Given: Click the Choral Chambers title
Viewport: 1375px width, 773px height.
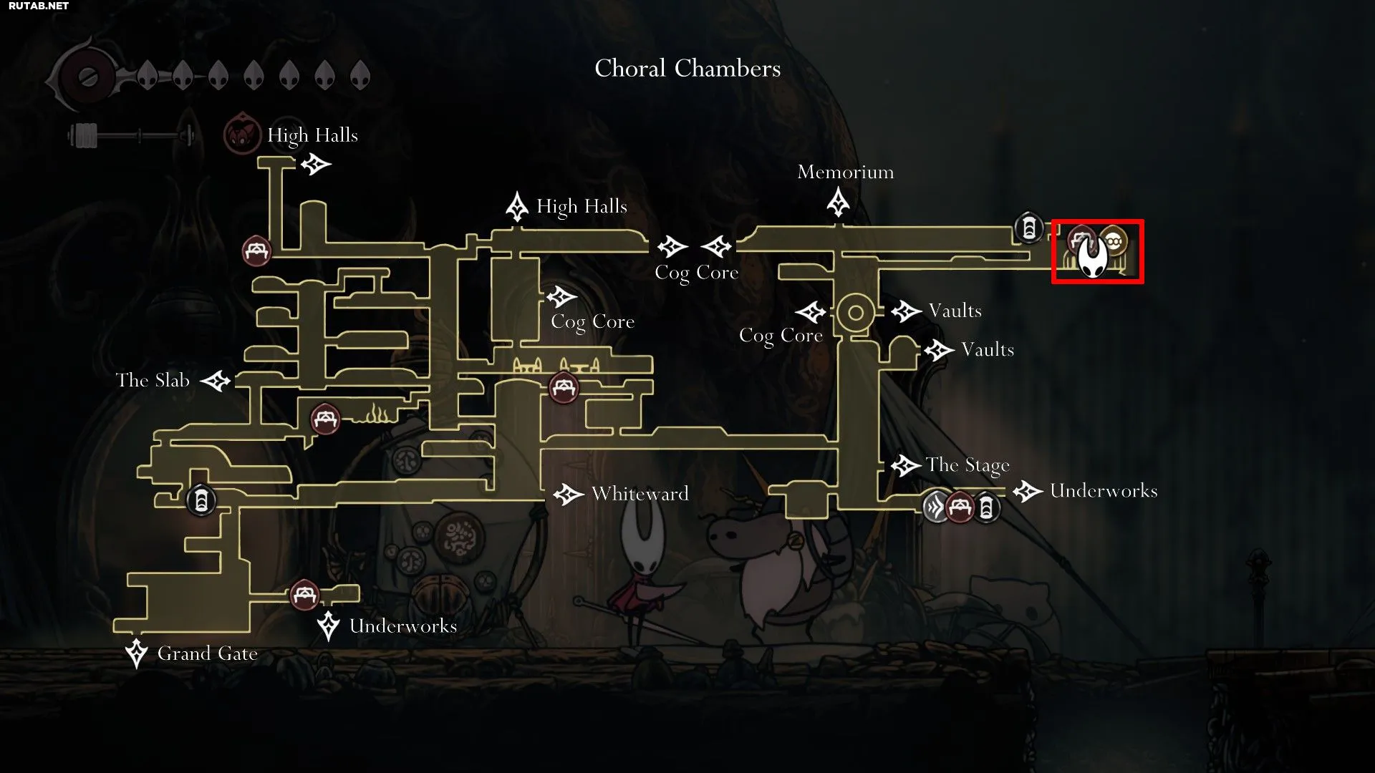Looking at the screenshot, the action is click(687, 69).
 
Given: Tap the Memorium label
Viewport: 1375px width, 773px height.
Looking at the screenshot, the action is click(846, 172).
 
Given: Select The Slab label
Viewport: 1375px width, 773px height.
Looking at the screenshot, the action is click(153, 380).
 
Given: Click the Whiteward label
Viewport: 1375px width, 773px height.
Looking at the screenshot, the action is click(640, 493).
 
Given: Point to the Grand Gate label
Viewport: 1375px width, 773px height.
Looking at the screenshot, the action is click(208, 653).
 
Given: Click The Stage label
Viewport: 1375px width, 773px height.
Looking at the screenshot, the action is click(968, 465).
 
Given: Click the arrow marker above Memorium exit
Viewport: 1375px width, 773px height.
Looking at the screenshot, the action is click(838, 202).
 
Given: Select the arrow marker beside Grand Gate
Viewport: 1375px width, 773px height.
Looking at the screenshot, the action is click(136, 653).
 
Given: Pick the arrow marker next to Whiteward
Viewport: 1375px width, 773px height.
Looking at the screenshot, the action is click(568, 494).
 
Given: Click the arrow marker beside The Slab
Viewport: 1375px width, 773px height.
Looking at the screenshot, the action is click(215, 381).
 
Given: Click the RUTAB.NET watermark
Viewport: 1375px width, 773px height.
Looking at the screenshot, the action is click(39, 6).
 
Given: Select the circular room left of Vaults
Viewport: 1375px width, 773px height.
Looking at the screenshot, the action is click(855, 313).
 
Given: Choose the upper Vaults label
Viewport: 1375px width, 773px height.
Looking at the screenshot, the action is click(955, 311).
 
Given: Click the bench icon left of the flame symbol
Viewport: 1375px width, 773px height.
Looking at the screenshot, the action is click(325, 418).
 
